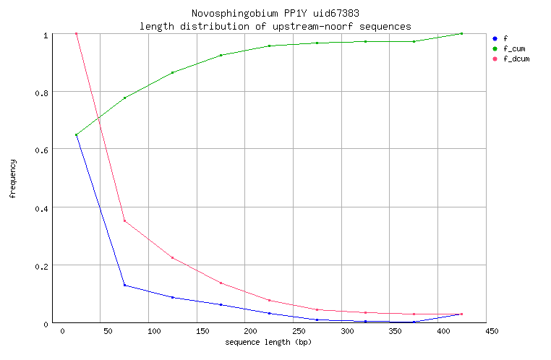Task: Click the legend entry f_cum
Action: click(x=513, y=48)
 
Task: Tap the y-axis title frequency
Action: click(x=13, y=179)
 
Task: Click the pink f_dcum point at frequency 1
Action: click(x=76, y=34)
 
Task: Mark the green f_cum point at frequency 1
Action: click(x=461, y=34)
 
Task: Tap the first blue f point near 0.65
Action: click(x=76, y=135)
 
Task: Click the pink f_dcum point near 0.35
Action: click(x=124, y=221)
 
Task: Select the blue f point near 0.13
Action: click(x=124, y=286)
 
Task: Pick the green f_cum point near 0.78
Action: click(x=124, y=98)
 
